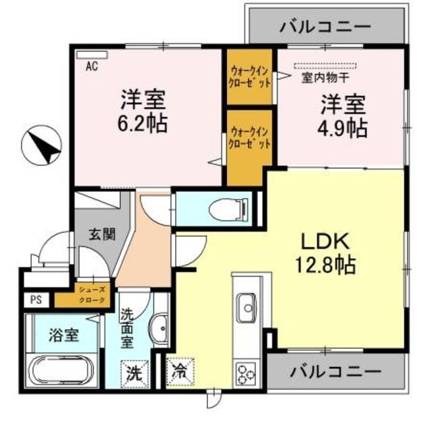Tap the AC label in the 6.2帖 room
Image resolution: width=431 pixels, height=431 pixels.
point(90,65)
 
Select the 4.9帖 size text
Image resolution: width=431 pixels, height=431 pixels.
point(343,127)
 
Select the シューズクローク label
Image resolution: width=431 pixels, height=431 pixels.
point(90,294)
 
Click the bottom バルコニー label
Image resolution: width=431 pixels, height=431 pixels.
point(335,370)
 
